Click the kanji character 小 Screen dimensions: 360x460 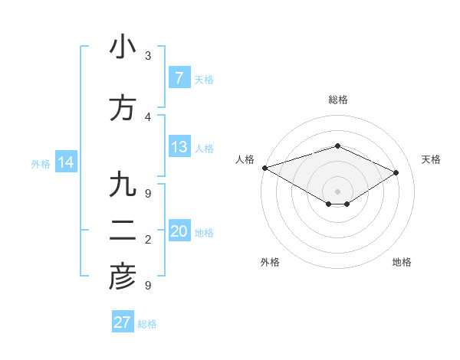tap(123, 47)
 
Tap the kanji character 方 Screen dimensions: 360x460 tap(123, 108)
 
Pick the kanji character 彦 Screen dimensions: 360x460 tap(123, 277)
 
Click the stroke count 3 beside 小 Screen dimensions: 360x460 tap(148, 56)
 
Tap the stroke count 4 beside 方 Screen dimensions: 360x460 tap(148, 116)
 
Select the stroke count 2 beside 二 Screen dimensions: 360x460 tap(148, 240)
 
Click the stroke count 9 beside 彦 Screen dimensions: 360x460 tap(148, 286)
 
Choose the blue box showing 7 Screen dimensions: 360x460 tap(179, 78)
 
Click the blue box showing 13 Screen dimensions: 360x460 tap(179, 147)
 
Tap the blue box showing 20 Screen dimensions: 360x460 tap(179, 232)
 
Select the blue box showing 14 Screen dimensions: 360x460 tap(65, 162)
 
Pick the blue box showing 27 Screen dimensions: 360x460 tap(123, 322)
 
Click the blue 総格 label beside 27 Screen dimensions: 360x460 tap(148, 324)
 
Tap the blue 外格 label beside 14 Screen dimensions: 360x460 tap(41, 163)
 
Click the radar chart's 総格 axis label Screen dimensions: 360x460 tap(337, 100)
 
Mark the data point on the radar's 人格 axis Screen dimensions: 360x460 tap(264, 168)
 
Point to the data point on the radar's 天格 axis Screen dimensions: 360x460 tap(396, 172)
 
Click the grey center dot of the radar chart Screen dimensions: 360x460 tap(337, 190)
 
